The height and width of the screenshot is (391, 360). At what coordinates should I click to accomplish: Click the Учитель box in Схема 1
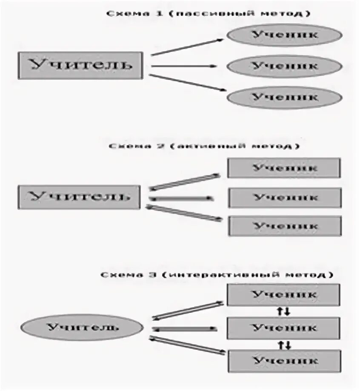coord(80,66)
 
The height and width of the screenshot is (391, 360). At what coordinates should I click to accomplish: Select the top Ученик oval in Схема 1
coord(284,35)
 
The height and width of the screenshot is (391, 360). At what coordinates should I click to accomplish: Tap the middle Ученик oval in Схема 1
coord(284,66)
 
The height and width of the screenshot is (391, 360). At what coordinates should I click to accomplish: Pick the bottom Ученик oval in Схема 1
coord(284,98)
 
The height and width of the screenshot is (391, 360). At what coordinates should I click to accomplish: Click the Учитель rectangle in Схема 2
coord(79,197)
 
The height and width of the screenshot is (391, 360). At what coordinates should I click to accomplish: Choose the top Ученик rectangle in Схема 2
coord(284,168)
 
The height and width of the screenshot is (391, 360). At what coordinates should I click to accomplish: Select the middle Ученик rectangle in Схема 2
coord(285,198)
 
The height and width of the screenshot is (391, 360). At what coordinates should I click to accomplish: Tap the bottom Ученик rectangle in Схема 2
coord(285,226)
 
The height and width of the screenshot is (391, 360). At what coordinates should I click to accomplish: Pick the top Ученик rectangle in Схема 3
coord(283,295)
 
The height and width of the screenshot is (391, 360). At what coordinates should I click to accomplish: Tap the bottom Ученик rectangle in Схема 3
coord(284,361)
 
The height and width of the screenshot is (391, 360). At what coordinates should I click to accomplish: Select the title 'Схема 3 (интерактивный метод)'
coord(217,275)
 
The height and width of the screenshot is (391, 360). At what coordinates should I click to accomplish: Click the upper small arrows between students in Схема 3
coord(283,311)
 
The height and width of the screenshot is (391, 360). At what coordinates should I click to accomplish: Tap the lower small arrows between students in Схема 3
coord(284,344)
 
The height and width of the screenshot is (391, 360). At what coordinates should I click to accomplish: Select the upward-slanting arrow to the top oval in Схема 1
coord(187,46)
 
